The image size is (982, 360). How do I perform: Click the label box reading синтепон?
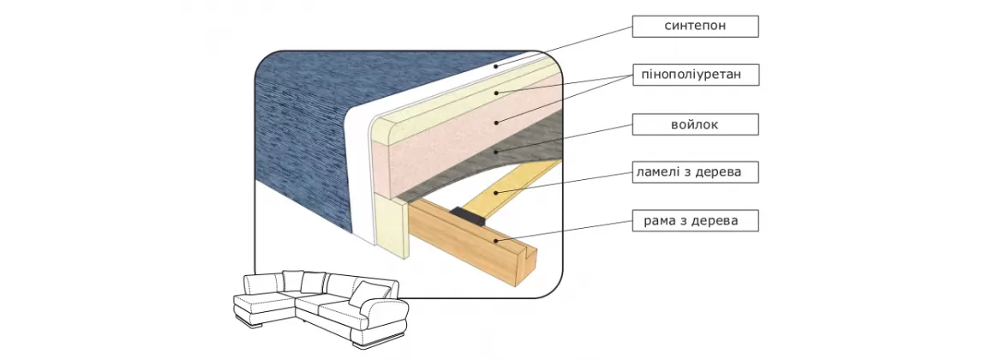pyautogui.click(x=695, y=27)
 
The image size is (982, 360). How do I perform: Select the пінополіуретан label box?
pyautogui.click(x=695, y=75)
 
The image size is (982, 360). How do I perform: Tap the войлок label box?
pyautogui.click(x=695, y=124)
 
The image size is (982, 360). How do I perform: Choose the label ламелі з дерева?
pyautogui.click(x=695, y=172)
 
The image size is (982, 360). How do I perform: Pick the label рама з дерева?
pyautogui.click(x=695, y=221)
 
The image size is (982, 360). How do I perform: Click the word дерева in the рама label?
pyautogui.click(x=719, y=221)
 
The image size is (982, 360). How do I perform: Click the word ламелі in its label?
pyautogui.click(x=656, y=172)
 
